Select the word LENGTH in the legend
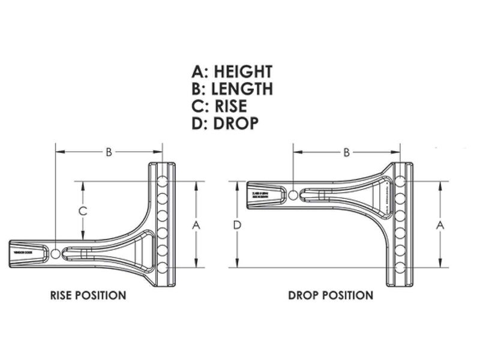pos(242,89)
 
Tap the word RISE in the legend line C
pos(227,107)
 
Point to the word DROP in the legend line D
pos(236,124)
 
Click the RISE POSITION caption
pos(88,295)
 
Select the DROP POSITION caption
pos(331,295)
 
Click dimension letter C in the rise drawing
pos(84,211)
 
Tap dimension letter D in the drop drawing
pos(238,224)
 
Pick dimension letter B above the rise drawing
pos(109,152)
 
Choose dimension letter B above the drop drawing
pos(346,152)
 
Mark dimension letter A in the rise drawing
pos(195,224)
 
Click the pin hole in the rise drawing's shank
pos(55,254)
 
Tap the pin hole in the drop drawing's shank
pos(293,195)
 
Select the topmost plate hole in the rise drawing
pos(162,181)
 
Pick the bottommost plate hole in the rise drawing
pos(162,267)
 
